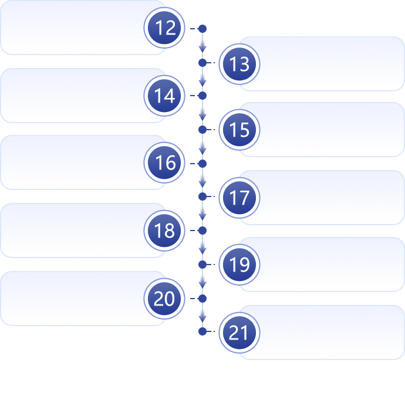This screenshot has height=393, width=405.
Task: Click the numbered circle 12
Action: tap(165, 28)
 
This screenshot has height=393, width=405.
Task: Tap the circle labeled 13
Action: tap(239, 63)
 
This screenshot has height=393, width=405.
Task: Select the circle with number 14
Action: tap(165, 96)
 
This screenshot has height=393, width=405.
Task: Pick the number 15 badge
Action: tap(239, 130)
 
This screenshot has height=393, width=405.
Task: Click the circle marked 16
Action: tap(165, 163)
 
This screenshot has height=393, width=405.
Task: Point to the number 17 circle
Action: tap(239, 198)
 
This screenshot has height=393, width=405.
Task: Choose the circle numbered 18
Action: tap(165, 231)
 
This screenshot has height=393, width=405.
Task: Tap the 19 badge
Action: tap(239, 265)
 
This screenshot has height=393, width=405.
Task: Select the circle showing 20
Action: tap(165, 299)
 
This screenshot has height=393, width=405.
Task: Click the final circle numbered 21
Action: tap(239, 333)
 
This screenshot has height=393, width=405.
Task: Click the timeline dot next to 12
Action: tap(203, 28)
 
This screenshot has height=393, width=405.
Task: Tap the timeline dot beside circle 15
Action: tap(203, 129)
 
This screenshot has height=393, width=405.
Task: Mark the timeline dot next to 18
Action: tap(203, 231)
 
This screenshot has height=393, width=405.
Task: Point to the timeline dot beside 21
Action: tap(203, 331)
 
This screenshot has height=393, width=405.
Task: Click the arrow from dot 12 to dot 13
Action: tap(203, 45)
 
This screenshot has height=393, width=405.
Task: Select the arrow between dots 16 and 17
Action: tap(203, 179)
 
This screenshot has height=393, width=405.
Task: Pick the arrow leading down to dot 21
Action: tap(203, 315)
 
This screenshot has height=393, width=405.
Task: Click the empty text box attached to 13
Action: tap(329, 63)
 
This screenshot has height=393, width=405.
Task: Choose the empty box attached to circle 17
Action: tap(329, 198)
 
